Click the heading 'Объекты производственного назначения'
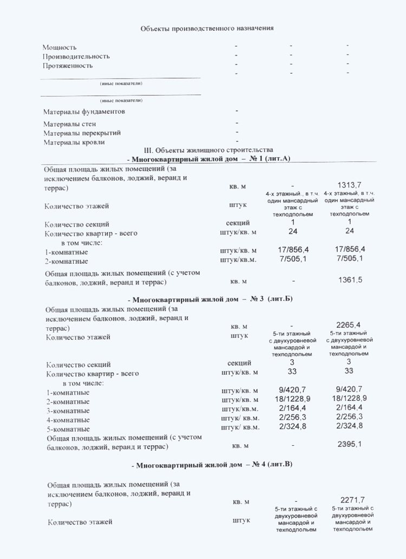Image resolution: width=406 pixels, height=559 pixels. [207, 28]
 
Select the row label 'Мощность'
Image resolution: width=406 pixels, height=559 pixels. [60, 47]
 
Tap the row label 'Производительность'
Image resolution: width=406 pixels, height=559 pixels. [76, 56]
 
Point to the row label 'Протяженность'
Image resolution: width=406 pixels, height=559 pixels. [68, 66]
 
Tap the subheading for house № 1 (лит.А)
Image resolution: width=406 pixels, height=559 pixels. [208, 159]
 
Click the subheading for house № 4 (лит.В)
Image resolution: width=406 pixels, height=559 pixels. [212, 465]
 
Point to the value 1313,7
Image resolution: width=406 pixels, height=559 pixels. [349, 185]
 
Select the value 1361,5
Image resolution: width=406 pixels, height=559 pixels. [350, 280]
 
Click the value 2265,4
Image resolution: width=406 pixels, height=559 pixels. [349, 325]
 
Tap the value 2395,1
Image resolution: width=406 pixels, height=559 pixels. [349, 445]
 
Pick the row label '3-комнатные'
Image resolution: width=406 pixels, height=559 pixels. [68, 411]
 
